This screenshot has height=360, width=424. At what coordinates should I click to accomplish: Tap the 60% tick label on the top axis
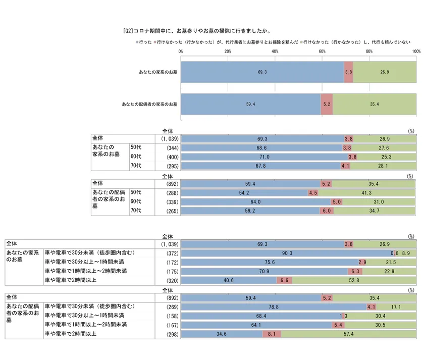point(322,51)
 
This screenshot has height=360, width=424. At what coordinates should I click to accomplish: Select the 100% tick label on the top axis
point(416,51)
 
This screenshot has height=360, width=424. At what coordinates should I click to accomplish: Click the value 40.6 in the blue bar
point(229,280)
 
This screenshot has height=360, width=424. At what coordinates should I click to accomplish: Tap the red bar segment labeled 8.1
point(272,334)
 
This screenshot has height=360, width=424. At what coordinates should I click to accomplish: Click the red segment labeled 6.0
point(325,211)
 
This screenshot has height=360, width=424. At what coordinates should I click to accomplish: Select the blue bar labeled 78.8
point(274,307)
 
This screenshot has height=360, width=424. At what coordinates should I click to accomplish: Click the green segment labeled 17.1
point(396,307)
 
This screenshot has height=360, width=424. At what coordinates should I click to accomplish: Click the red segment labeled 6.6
point(284,280)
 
